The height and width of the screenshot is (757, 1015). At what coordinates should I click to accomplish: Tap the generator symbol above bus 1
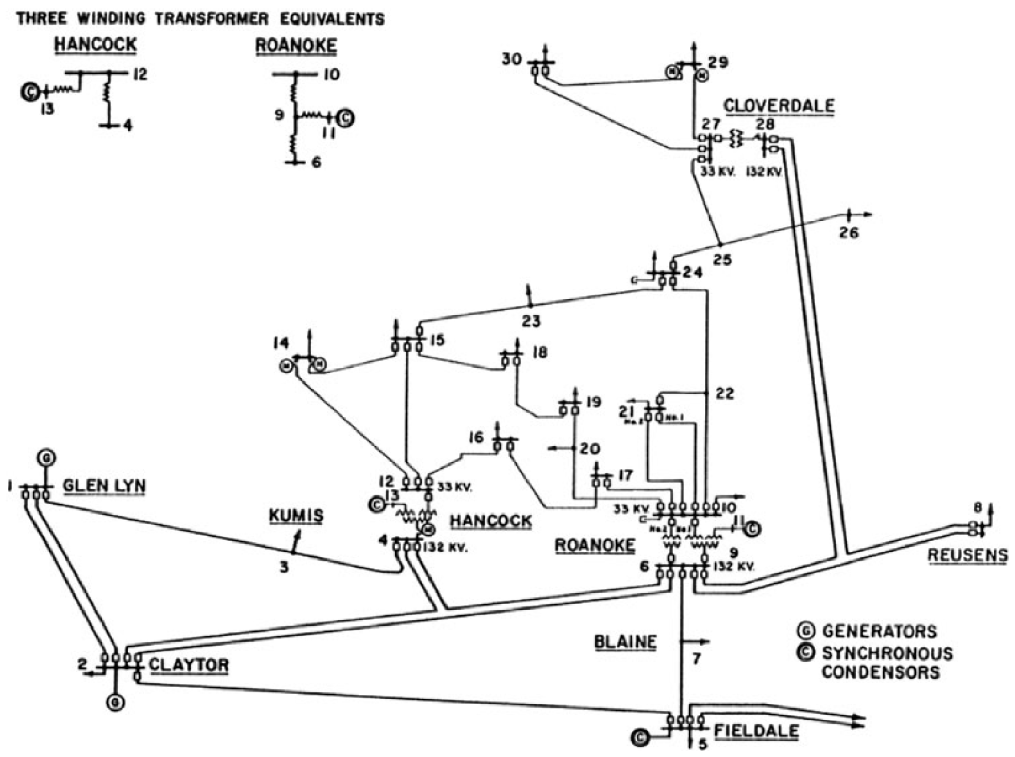tap(47, 457)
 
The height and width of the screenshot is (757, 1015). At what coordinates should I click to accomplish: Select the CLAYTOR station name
tap(189, 664)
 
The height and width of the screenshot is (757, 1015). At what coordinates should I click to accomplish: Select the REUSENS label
tap(967, 555)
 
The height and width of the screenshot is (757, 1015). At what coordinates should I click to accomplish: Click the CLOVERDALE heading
tap(779, 106)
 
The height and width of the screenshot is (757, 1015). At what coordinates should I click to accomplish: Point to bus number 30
tap(512, 59)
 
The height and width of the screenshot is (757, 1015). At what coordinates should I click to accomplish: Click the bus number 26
tap(848, 233)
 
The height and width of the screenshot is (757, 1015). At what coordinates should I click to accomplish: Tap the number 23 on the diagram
tap(531, 321)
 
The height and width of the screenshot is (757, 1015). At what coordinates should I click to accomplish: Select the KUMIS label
tap(295, 516)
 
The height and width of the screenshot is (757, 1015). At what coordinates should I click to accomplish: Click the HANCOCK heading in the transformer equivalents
tap(95, 45)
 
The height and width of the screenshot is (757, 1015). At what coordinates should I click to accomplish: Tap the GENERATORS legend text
tap(880, 631)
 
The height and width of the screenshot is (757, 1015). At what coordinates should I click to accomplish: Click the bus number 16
tap(476, 438)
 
